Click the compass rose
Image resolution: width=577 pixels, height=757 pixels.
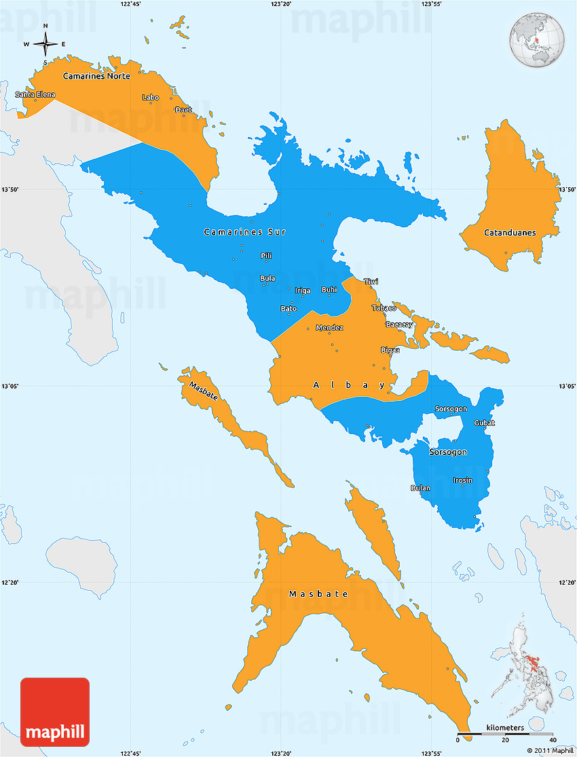click(x=45, y=44)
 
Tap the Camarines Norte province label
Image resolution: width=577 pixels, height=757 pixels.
click(x=96, y=76)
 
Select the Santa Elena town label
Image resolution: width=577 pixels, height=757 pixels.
click(x=35, y=94)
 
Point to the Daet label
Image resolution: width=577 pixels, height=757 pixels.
click(x=183, y=110)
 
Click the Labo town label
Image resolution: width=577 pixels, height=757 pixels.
click(x=151, y=98)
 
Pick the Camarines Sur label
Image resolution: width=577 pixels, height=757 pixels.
click(x=244, y=232)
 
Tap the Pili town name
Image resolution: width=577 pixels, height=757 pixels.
click(x=267, y=256)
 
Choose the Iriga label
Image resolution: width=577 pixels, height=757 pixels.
click(x=303, y=291)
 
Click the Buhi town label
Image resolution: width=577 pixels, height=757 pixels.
click(x=329, y=290)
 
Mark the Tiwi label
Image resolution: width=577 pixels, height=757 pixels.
click(x=371, y=282)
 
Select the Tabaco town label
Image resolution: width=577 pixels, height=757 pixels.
click(x=384, y=308)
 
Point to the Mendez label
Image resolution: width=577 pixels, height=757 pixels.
click(x=329, y=328)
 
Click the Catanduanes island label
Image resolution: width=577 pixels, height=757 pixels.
click(x=510, y=233)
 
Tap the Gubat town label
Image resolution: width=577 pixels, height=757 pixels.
click(x=485, y=423)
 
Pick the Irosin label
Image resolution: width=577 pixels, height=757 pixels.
click(x=463, y=480)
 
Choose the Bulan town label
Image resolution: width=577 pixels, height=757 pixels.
click(x=420, y=488)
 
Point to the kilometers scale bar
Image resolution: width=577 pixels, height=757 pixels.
click(x=505, y=733)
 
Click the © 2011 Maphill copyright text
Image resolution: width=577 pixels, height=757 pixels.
click(x=550, y=750)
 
